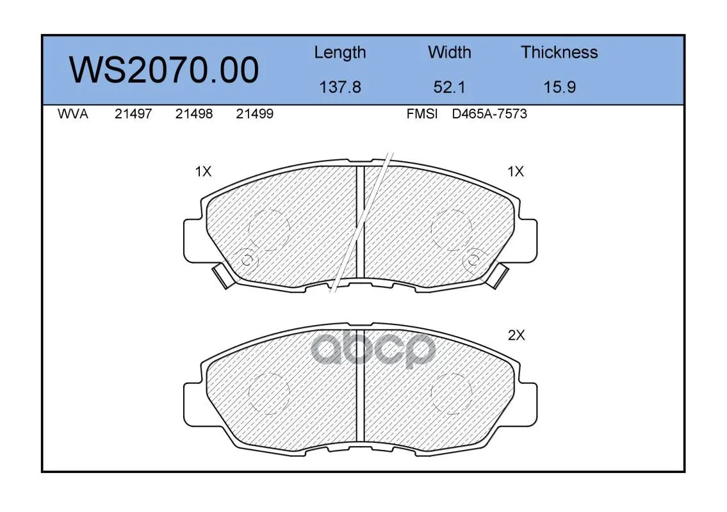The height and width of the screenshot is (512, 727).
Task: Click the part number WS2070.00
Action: tap(164, 70)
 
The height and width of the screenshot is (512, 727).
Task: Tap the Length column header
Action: tap(340, 53)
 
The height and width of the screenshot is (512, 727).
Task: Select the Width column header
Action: tap(449, 52)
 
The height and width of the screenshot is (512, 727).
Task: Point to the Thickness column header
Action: tap(559, 52)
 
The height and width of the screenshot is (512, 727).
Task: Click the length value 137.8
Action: tap(340, 87)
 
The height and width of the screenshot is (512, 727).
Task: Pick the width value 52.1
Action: tap(449, 87)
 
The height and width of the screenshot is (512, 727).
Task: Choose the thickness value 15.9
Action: tap(560, 87)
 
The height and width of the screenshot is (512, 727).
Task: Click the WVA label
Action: tap(73, 114)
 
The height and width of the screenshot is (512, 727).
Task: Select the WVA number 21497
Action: tap(133, 114)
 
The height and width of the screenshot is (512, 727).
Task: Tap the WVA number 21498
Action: tap(194, 114)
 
